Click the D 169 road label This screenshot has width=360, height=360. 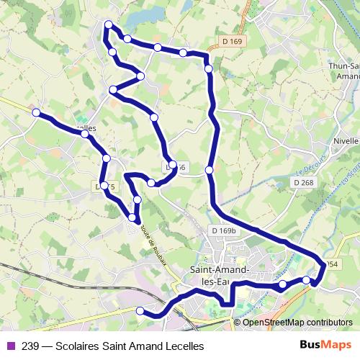click(x=233, y=42)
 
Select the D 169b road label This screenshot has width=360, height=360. click(x=224, y=230)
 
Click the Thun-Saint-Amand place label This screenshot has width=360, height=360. click(x=343, y=71)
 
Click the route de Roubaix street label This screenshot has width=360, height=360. click(x=153, y=244)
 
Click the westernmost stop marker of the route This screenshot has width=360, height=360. click(x=36, y=112)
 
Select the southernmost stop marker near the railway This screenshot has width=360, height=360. click(x=141, y=310)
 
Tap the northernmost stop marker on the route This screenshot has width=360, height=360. click(x=109, y=25)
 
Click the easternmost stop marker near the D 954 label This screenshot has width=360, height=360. click(x=307, y=279)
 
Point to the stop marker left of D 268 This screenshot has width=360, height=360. click(x=209, y=170)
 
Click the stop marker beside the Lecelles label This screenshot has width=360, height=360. click(x=85, y=134)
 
